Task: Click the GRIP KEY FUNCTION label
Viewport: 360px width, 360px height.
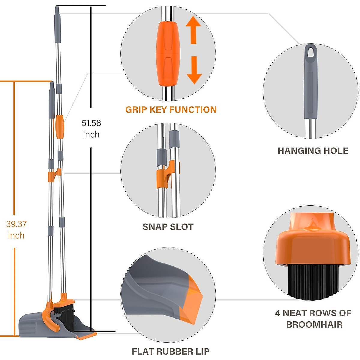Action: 171,110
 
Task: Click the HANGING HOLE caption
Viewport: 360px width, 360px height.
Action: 313,151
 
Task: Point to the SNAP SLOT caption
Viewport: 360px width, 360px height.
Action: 168,227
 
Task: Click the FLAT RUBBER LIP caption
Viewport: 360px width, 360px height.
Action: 170,351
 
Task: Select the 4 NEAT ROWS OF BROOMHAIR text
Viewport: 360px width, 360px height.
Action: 313,319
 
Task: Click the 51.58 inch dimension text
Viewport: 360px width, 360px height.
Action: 91,129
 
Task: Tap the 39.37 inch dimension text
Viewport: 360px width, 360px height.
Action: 16,229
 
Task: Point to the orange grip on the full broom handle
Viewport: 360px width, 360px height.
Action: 59,127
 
